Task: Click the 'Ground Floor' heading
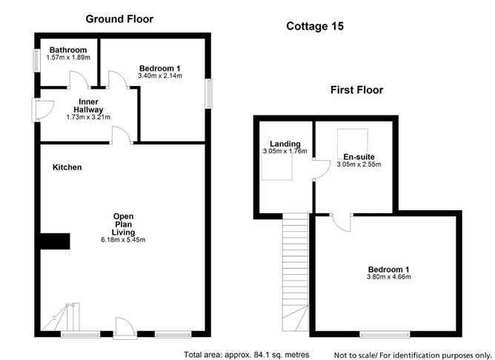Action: point(119,19)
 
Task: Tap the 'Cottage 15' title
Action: point(315,26)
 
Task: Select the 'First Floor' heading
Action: point(356,90)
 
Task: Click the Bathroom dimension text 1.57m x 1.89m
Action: point(67,57)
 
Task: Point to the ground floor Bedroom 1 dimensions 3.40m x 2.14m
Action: point(160,76)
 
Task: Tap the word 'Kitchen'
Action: point(67,167)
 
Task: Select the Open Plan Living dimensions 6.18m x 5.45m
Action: point(123,240)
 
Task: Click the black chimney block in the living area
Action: point(55,241)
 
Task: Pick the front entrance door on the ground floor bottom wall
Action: point(123,327)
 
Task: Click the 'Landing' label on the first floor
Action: point(285,144)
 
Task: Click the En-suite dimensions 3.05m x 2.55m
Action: point(358,164)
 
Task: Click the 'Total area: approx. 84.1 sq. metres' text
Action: point(247,353)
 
